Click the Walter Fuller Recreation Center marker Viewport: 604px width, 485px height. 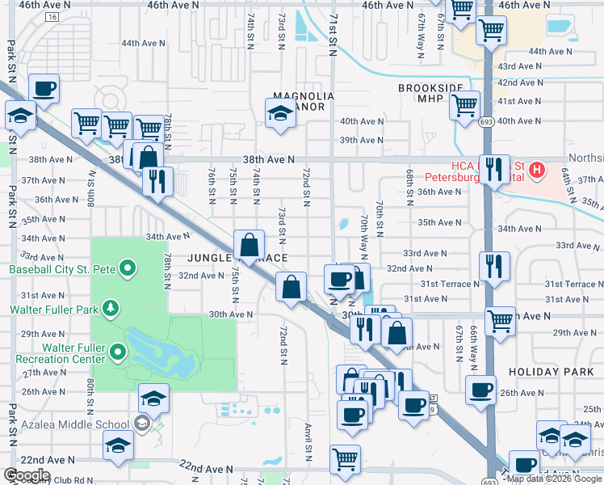(x=118, y=351)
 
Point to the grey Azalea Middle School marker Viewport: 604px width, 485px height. (x=142, y=424)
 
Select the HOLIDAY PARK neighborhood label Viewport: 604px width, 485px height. (x=544, y=370)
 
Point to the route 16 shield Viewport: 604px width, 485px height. (x=52, y=16)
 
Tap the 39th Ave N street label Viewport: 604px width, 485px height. (x=361, y=140)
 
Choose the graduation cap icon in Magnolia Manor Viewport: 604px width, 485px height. (x=280, y=113)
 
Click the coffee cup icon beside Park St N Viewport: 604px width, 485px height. (x=44, y=88)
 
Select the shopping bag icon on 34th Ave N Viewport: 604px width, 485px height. (x=250, y=243)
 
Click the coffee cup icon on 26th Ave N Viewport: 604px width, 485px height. (x=481, y=390)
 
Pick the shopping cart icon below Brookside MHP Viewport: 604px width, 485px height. (x=465, y=105)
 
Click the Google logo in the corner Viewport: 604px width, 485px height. (x=27, y=475)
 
